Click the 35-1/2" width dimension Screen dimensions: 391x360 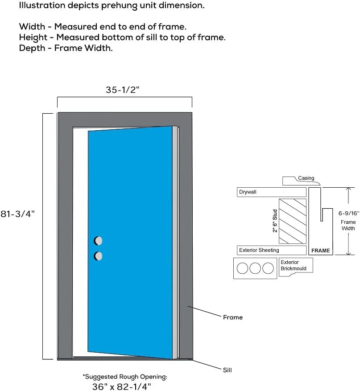(x=123, y=90)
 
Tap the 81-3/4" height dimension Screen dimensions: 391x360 (x=17, y=214)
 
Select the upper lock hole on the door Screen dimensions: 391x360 (x=98, y=241)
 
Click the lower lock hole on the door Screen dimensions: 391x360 (x=98, y=256)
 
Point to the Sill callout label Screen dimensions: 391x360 (x=227, y=370)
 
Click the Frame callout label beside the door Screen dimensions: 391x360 (x=232, y=317)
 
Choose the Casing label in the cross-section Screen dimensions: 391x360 (x=306, y=178)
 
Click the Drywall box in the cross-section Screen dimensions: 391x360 (x=271, y=192)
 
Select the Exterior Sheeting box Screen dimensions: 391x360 (x=271, y=250)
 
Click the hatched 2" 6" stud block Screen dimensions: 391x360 (x=293, y=221)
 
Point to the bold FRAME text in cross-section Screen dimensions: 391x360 (x=320, y=251)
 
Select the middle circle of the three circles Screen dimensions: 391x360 (x=255, y=268)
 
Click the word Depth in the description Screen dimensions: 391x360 (x=32, y=48)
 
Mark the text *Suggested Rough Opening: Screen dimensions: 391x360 (x=124, y=377)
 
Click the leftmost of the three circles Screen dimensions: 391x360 (x=242, y=268)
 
